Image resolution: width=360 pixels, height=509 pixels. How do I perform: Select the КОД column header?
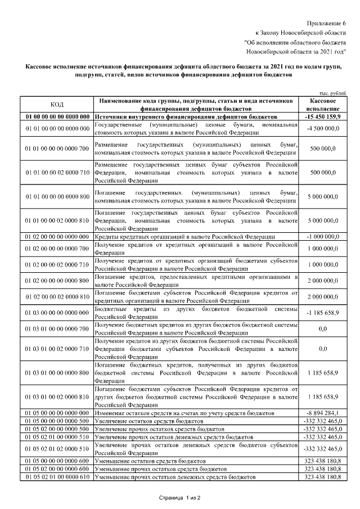(x=57, y=104)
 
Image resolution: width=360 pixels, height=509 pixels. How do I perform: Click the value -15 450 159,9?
(x=323, y=116)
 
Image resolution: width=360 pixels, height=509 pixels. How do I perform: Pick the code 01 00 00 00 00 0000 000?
(x=57, y=116)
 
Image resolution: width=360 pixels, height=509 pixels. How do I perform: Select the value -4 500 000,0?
(x=323, y=129)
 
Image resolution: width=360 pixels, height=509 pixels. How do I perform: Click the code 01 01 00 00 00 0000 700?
(x=57, y=148)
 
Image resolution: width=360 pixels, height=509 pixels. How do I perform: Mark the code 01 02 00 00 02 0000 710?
(x=57, y=264)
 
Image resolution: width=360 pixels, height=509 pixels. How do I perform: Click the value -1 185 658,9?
(x=323, y=313)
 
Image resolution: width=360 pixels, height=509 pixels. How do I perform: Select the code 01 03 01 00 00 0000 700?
(x=57, y=329)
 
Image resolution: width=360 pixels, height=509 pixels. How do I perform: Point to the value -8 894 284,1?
(x=323, y=412)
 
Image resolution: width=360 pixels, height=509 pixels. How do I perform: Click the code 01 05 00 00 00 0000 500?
(x=57, y=420)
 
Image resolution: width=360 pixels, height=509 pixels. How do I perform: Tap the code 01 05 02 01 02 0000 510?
(x=57, y=448)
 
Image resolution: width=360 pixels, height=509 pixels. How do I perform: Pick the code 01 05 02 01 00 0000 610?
(x=57, y=476)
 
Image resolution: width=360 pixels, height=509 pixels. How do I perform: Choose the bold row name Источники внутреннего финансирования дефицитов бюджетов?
(x=174, y=116)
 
